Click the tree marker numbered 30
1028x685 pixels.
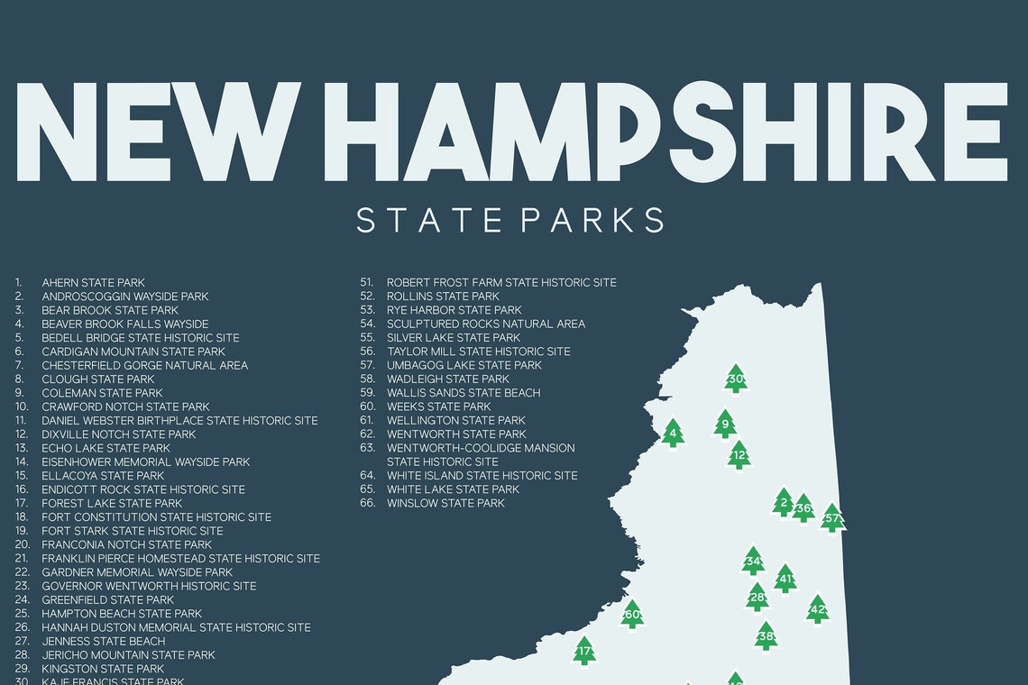(x=736, y=379)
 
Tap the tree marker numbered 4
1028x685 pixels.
(x=672, y=434)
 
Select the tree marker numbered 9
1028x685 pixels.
(x=725, y=424)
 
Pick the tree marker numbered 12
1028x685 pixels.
(x=739, y=455)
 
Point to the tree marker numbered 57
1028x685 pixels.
(x=831, y=518)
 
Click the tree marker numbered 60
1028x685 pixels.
(x=632, y=615)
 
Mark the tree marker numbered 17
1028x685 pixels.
(x=584, y=651)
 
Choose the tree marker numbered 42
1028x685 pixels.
(x=817, y=609)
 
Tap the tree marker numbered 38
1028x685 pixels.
(x=766, y=636)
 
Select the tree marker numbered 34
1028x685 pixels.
(x=753, y=562)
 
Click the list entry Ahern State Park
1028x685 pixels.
(x=93, y=283)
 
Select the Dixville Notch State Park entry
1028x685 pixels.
(x=118, y=434)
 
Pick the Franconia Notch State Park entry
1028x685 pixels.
(x=126, y=544)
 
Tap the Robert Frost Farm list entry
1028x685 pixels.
(x=501, y=283)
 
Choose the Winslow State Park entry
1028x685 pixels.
(x=445, y=503)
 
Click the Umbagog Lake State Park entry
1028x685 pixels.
(x=464, y=365)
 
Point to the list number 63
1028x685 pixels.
(x=367, y=448)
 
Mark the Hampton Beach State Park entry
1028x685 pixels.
(x=122, y=614)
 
